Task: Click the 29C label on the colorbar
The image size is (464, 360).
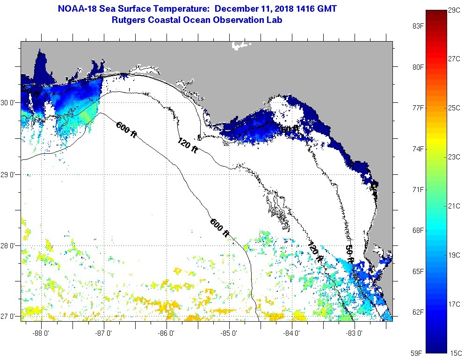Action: coord(454,9)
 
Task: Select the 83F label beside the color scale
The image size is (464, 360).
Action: coord(418,26)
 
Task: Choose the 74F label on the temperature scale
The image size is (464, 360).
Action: coord(418,149)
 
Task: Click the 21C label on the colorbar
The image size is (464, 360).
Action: coord(454,206)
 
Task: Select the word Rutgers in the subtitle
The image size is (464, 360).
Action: coord(130,20)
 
